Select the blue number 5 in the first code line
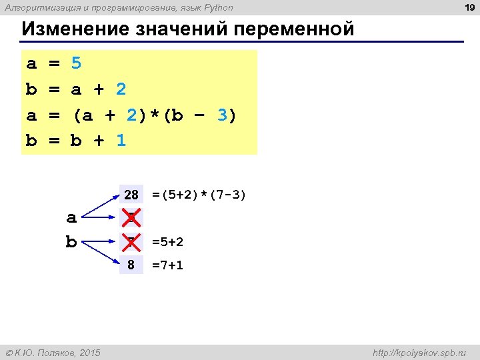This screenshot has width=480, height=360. pos(76,64)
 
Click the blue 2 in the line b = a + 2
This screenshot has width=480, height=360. pos(121,89)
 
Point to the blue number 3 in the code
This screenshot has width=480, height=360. pos(223,115)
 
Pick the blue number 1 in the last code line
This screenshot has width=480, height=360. pos(121,141)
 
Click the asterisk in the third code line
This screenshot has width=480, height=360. pos(155,115)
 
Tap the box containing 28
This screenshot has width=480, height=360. pos(131,195)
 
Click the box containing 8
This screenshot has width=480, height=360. pos(131,265)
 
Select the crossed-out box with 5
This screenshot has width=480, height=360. pos(131,218)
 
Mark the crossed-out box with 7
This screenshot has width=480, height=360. pos(131,241)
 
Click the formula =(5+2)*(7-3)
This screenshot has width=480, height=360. pos(199,195)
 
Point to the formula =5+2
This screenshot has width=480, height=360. pos(167,241)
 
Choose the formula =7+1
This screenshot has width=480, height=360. pos(167,265)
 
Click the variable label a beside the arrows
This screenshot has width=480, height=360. pos(71,217)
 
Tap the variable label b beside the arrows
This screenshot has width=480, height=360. pos(71,241)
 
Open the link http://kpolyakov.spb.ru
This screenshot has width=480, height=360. pos(419,352)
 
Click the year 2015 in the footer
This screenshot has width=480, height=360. pos(88,352)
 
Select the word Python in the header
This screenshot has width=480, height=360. pos(217,8)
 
